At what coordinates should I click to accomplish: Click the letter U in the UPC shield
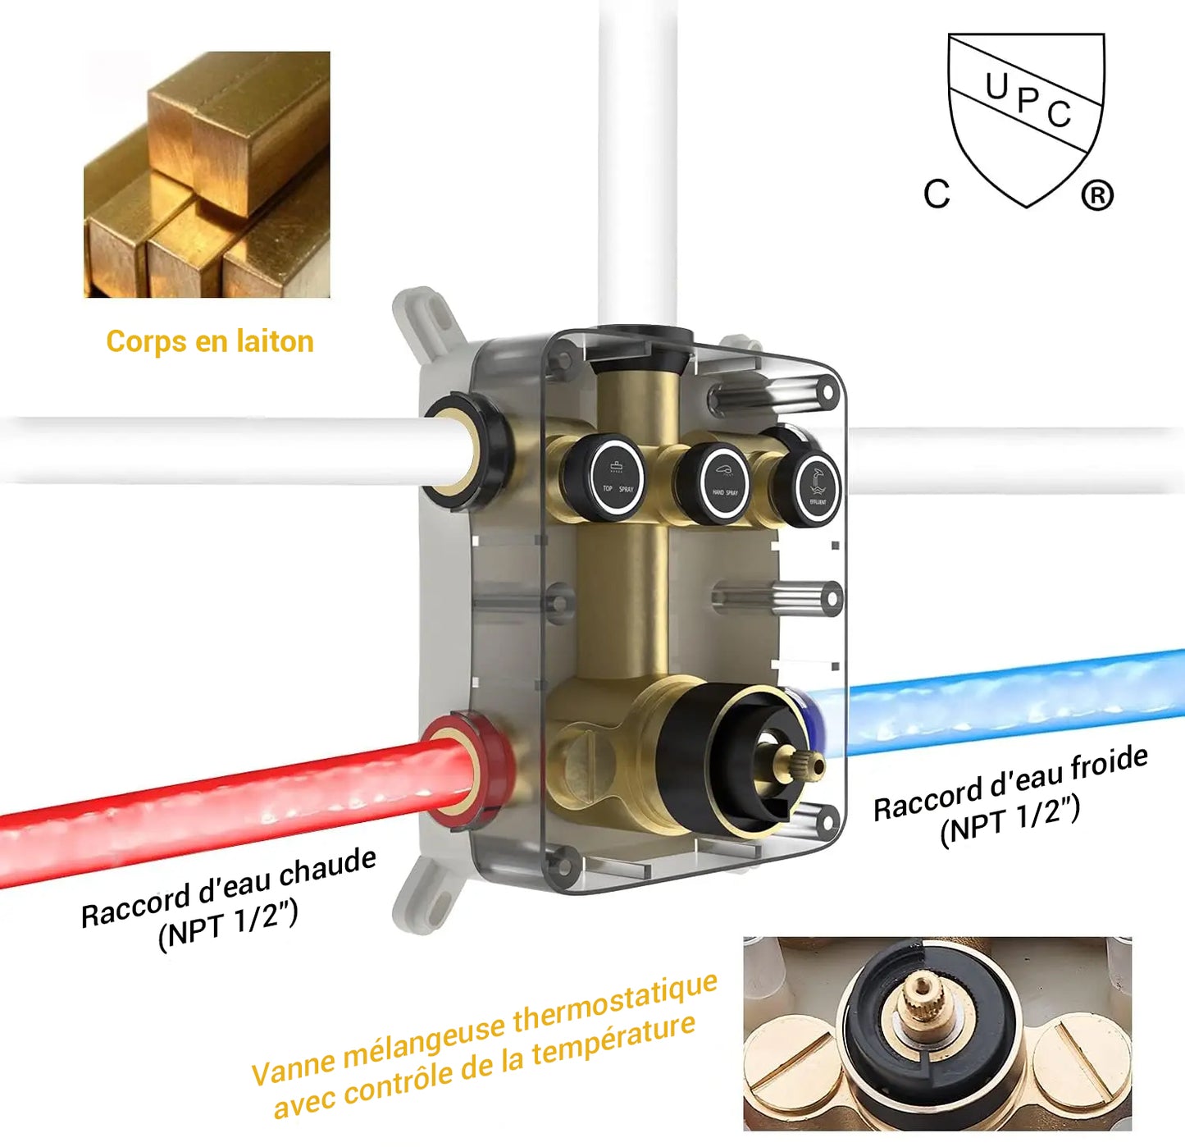(996, 85)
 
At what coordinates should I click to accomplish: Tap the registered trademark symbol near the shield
(1096, 195)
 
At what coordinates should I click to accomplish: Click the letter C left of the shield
(937, 194)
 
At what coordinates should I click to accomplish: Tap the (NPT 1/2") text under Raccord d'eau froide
(1010, 820)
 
